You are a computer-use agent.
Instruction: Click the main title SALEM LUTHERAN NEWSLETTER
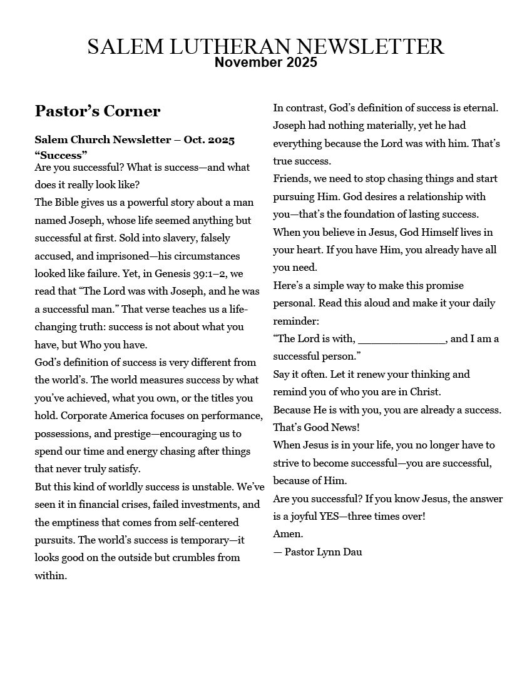tap(265, 47)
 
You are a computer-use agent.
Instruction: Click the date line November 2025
tap(265, 63)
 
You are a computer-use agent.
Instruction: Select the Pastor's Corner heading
tap(98, 111)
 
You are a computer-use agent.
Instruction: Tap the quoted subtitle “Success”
tap(61, 154)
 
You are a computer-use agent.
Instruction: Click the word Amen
tap(288, 534)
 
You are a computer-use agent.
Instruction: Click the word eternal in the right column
tap(478, 108)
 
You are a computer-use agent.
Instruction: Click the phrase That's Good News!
tap(316, 427)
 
